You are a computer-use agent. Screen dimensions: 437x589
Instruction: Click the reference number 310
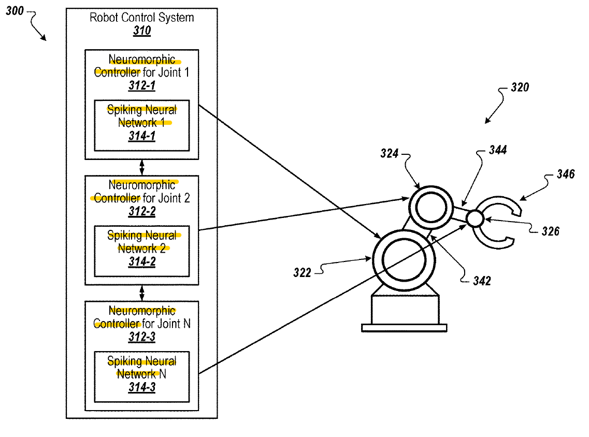[141, 31]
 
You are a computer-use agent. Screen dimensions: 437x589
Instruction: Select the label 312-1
[141, 86]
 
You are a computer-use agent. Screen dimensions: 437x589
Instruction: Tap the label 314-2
[141, 262]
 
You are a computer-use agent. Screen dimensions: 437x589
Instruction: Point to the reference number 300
[15, 11]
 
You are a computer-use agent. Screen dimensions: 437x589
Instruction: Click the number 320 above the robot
[520, 88]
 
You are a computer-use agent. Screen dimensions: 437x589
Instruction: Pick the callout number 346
[565, 174]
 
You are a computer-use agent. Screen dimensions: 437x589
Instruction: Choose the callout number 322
[302, 272]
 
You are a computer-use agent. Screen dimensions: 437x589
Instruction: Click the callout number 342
[481, 281]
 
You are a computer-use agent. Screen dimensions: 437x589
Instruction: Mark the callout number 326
[550, 231]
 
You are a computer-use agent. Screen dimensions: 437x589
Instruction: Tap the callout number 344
[498, 151]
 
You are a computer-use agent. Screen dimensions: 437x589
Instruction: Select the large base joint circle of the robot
[404, 258]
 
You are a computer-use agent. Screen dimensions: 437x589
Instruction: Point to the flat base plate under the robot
[404, 327]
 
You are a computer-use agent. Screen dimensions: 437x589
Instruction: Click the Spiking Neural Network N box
[141, 376]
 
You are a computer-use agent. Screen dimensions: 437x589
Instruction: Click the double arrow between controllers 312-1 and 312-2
[142, 167]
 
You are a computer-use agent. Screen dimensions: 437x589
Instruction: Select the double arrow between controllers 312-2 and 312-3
[142, 293]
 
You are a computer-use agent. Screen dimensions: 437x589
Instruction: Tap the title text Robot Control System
[141, 18]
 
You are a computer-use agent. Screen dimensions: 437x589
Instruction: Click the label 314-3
[141, 388]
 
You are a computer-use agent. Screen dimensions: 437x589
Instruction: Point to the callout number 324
[390, 154]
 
